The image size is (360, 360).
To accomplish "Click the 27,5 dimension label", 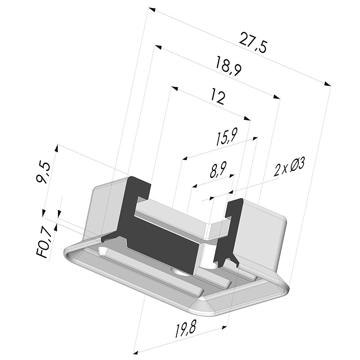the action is (253, 43).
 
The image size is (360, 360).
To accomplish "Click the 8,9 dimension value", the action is (218, 170).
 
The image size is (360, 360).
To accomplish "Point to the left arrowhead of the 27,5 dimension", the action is (152, 9).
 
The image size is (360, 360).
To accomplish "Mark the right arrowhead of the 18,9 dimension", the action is (277, 97).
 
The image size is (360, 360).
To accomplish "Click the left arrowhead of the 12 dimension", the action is (175, 88).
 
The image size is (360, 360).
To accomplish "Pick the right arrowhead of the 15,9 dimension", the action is (254, 138).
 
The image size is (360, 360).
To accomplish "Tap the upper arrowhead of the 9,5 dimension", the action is (57, 148).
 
